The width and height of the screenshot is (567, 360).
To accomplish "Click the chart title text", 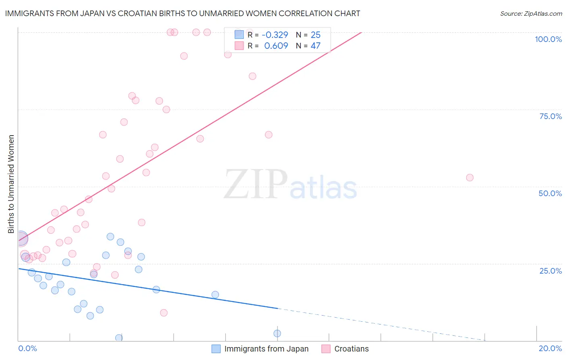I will [182, 13].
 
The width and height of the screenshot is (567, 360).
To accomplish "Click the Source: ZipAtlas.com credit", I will [531, 13].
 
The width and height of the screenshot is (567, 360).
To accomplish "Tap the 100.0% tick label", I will [548, 39].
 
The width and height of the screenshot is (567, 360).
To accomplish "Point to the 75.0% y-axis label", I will [550, 116].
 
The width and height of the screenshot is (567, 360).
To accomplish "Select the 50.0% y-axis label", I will [550, 193].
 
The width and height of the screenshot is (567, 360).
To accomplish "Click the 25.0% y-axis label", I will [550, 270].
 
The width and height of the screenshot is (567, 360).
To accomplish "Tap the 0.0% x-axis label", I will [27, 348].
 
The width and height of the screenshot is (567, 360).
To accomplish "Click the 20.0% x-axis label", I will [550, 348].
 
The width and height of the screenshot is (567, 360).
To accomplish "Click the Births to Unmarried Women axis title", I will [11, 184].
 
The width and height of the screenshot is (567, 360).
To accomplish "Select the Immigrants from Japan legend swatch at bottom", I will [216, 349].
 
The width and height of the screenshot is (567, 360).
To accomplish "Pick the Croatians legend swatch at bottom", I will [326, 349].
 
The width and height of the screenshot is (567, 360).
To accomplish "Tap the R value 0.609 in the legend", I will [276, 46].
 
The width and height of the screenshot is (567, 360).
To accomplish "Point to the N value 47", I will [315, 46].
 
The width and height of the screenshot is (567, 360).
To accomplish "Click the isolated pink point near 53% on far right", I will [469, 178].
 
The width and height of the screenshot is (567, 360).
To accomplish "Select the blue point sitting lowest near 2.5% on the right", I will [277, 333].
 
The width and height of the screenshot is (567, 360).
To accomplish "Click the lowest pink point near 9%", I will [164, 313].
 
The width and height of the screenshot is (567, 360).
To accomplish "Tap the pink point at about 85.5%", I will [252, 76].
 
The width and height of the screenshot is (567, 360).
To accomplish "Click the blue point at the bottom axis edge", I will [119, 338].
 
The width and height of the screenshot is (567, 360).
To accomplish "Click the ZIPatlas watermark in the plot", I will [290, 185].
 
